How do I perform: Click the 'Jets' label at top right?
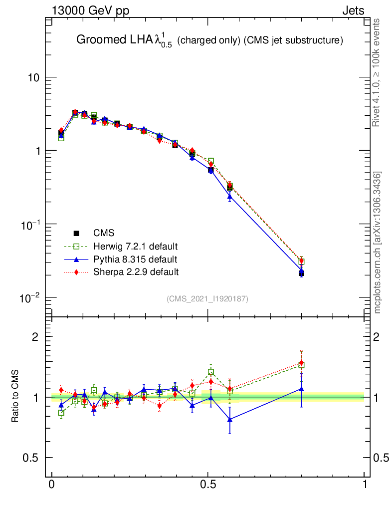coord(353,11)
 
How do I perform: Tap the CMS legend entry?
coord(103,233)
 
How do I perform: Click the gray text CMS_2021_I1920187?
coord(207,298)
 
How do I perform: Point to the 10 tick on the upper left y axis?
coord(33,78)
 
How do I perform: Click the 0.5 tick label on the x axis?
coord(208,485)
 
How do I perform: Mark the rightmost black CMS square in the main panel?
coord(301,273)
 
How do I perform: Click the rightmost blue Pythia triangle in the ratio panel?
coord(301,389)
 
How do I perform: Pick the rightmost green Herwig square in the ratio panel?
coord(301,365)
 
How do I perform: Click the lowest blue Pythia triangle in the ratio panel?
coord(230,420)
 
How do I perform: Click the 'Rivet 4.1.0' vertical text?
coord(377,72)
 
